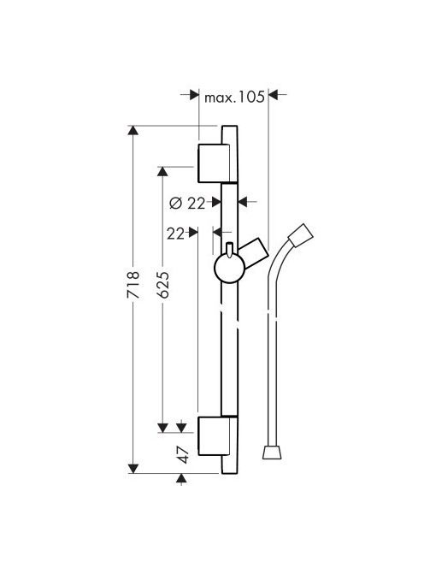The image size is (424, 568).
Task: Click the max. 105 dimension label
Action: pyautogui.click(x=234, y=97)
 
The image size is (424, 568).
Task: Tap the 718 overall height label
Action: pyautogui.click(x=132, y=285)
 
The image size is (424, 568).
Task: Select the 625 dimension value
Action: pyautogui.click(x=163, y=285)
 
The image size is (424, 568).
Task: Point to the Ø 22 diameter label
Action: pyautogui.click(x=187, y=204)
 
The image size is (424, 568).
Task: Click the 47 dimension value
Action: pyautogui.click(x=184, y=455)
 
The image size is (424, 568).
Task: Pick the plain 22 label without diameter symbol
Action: pyautogui.click(x=175, y=234)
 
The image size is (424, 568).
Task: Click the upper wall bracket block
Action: pyautogui.click(x=214, y=163)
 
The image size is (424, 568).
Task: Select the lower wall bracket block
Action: pyautogui.click(x=214, y=435)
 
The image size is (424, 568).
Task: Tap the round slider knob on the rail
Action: pyautogui.click(x=230, y=268)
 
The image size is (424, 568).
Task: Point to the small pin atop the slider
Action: pyautogui.click(x=229, y=251)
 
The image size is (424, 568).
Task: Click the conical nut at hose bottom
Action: pyautogui.click(x=272, y=453)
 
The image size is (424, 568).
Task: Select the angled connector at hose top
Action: pyautogui.click(x=301, y=235)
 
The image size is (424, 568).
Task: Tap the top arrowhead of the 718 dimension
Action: pyautogui.click(x=133, y=130)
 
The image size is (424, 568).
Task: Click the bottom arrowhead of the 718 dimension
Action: pyautogui.click(x=133, y=469)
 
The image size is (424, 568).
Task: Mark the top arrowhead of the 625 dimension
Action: pyautogui.click(x=162, y=171)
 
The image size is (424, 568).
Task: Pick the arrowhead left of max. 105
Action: pyautogui.click(x=194, y=95)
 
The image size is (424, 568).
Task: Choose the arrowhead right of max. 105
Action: pyautogui.click(x=273, y=95)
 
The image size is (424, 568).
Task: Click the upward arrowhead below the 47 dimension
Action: pyautogui.click(x=181, y=478)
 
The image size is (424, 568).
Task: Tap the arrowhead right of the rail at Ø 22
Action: pyautogui.click(x=243, y=202)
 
